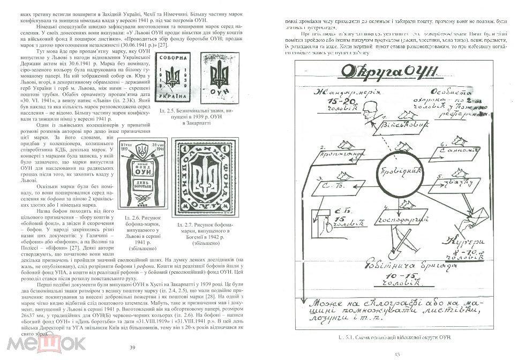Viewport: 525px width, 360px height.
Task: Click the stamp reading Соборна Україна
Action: [174, 81]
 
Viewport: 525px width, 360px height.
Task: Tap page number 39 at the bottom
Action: [132, 348]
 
